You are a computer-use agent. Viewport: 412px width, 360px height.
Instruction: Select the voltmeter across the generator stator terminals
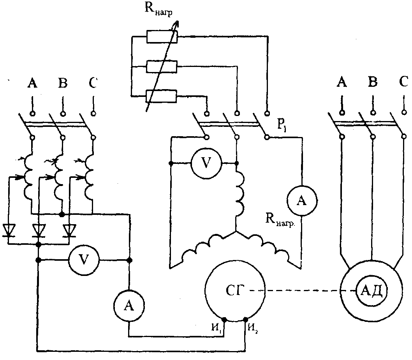point(206,163)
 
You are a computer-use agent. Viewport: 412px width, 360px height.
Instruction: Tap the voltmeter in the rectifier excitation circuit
point(84,260)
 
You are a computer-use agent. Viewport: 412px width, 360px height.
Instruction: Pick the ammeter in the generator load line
point(302,200)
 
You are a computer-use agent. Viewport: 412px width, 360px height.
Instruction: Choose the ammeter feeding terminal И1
point(129,306)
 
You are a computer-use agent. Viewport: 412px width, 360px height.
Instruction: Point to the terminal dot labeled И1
point(224,320)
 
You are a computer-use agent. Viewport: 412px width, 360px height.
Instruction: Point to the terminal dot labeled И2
point(246,320)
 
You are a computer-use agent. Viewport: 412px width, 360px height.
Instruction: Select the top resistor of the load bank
point(162,37)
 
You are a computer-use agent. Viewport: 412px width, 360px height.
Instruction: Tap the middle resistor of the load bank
point(162,67)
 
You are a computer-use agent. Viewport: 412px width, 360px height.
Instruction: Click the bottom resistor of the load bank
point(161,96)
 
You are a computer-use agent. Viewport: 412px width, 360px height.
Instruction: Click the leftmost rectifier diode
point(9,230)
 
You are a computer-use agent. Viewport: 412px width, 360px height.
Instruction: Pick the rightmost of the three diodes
point(69,230)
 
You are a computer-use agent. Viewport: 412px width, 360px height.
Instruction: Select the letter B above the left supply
point(63,83)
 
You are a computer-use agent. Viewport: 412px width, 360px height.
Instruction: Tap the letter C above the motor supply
point(403,82)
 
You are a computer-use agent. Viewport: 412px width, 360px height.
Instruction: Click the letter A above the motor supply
point(342,83)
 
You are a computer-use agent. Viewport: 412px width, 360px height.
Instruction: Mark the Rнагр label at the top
point(158,10)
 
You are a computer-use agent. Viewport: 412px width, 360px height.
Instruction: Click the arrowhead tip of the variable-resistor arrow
point(178,21)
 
